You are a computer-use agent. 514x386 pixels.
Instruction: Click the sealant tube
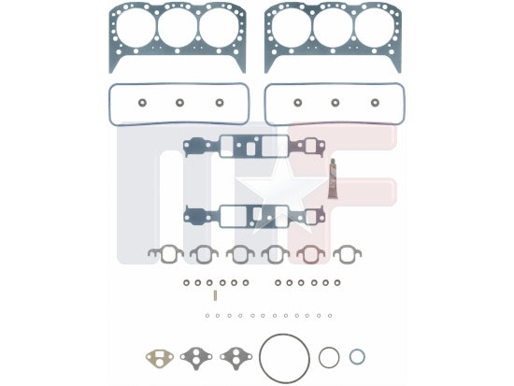[334, 179]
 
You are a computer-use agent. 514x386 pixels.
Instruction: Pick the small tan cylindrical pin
[215, 295]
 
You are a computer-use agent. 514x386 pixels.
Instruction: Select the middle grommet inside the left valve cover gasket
[179, 103]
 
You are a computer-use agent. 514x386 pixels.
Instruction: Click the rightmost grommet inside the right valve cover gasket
[375, 103]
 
